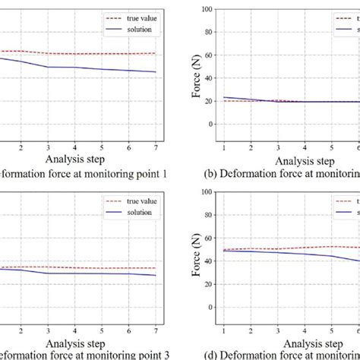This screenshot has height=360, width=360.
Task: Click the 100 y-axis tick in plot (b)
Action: [208, 8]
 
